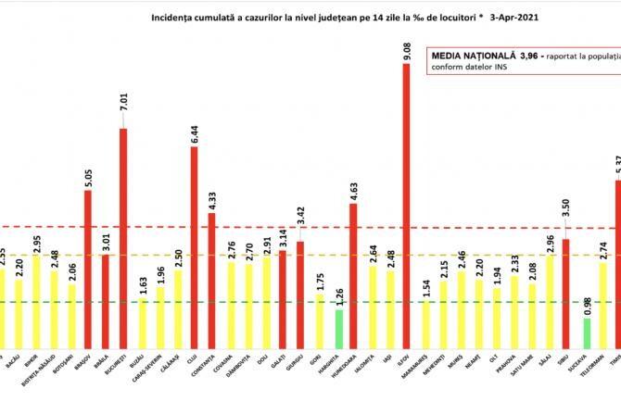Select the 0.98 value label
587,306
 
